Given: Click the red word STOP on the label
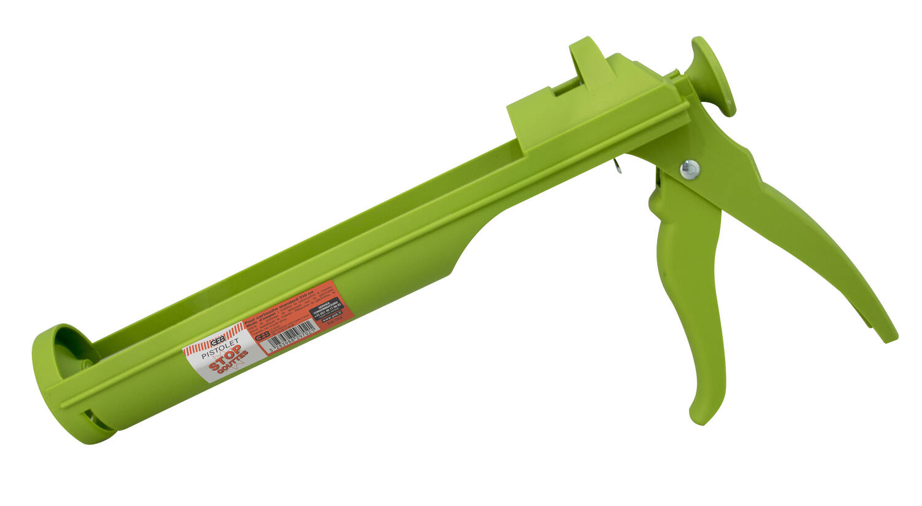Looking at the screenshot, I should click(x=226, y=363).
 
